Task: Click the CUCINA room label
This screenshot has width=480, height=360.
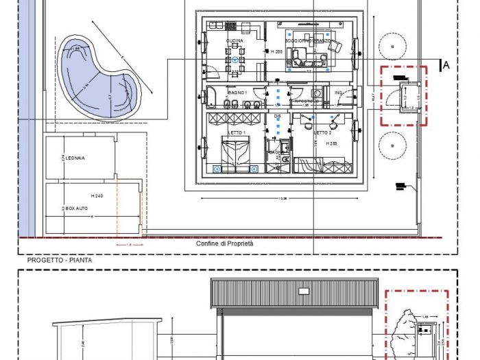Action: click(x=235, y=41)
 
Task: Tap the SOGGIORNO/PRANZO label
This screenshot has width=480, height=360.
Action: click(x=309, y=41)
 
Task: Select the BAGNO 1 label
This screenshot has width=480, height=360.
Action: click(x=237, y=92)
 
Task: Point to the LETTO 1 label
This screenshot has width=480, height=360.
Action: click(x=237, y=132)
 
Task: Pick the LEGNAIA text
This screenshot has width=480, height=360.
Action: click(x=75, y=158)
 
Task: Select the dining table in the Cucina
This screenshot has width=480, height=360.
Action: click(x=235, y=62)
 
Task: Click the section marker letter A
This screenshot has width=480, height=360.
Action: click(x=446, y=65)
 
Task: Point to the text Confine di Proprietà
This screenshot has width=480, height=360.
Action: click(x=225, y=244)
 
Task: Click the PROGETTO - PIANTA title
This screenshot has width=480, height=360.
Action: click(x=60, y=261)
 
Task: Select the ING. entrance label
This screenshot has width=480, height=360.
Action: click(x=338, y=93)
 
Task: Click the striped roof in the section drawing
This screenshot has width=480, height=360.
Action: click(x=296, y=293)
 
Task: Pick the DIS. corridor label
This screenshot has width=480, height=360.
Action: click(x=278, y=117)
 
